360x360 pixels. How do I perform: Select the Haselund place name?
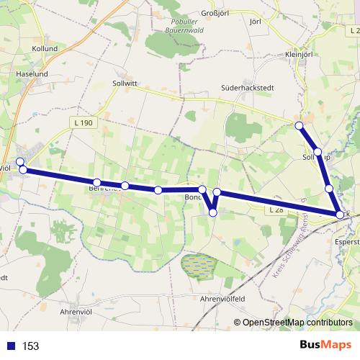point(32,73)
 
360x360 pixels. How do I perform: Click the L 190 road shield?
point(84,123)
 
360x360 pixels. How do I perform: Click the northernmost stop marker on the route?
point(300,126)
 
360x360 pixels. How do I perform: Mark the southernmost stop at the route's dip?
point(212,212)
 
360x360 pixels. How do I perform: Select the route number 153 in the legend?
point(31,346)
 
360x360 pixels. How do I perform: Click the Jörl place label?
point(253,22)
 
